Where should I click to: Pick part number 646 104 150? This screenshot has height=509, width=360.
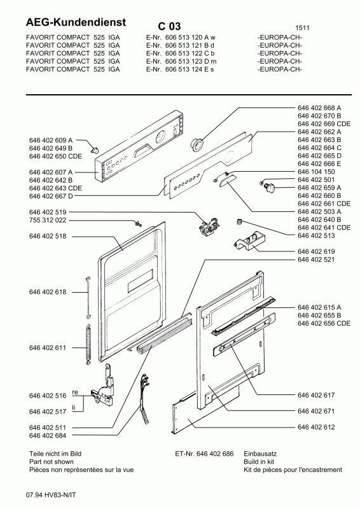[x=316, y=172]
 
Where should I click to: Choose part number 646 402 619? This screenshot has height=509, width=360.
[x=316, y=252]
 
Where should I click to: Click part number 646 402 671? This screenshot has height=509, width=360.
[x=316, y=411]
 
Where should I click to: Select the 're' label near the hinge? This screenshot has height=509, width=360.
[x=74, y=393]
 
